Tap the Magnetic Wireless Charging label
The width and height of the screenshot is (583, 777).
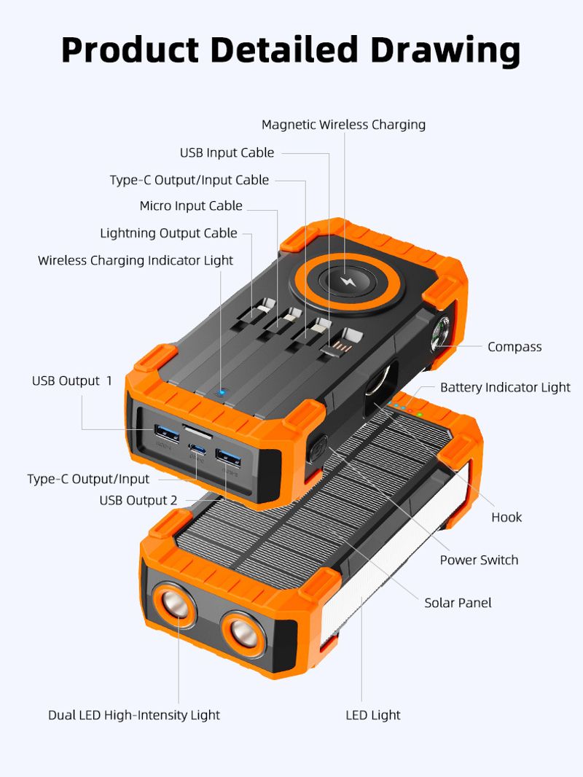click(343, 125)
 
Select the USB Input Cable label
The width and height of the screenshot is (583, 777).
click(227, 152)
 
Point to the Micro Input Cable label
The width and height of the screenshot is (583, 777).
click(191, 206)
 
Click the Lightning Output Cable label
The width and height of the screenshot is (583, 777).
click(169, 233)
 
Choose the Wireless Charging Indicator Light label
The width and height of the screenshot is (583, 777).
click(136, 261)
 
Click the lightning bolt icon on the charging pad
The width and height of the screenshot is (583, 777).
click(345, 282)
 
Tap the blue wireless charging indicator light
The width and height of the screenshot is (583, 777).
click(220, 393)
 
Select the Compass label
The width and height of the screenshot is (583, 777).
click(514, 347)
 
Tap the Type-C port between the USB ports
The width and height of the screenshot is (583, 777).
click(197, 450)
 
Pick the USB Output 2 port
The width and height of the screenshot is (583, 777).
click(228, 458)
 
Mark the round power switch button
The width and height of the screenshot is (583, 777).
click(318, 450)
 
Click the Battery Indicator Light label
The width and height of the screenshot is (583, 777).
click(505, 388)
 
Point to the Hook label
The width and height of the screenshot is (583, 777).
click(506, 518)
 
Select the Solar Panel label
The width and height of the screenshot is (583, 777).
click(458, 603)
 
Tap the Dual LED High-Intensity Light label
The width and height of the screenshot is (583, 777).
click(134, 715)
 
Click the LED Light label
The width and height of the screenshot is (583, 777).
click(373, 715)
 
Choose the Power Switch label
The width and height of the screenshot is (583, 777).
click(479, 560)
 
